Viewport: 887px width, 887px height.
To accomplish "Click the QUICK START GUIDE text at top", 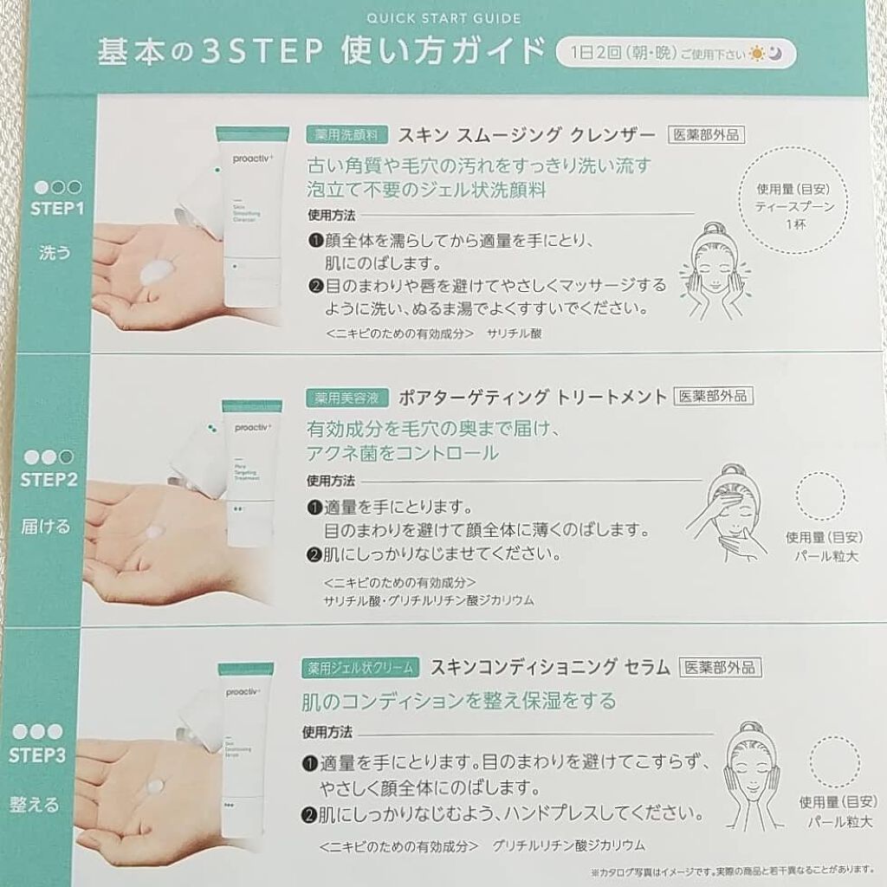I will [x=443, y=16].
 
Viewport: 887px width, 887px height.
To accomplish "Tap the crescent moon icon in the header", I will [x=780, y=54].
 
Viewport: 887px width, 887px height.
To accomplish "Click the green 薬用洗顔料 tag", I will [x=345, y=136].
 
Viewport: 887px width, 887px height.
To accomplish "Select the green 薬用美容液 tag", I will [x=345, y=398].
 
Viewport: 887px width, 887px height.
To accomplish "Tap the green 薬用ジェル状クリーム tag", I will [x=362, y=668].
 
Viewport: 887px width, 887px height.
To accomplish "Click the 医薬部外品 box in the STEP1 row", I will [x=707, y=135].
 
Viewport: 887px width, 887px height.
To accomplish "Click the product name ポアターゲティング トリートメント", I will [x=533, y=398].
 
